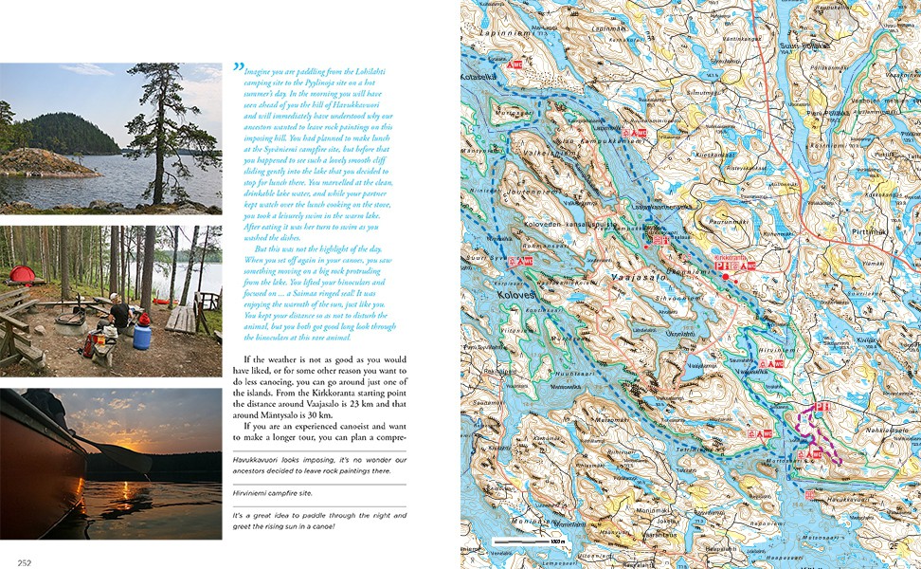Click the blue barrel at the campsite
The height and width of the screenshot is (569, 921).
click(142, 336)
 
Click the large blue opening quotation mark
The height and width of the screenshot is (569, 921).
click(238, 68)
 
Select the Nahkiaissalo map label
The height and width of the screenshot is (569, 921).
click(879, 430)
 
